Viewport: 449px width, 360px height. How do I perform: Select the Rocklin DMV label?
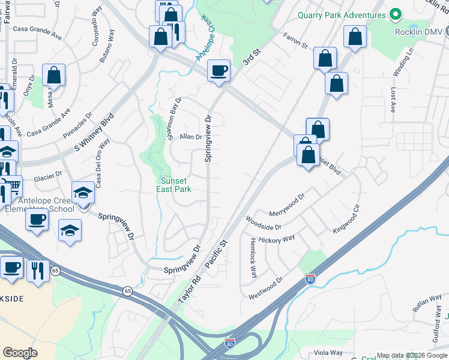(x=422, y=31)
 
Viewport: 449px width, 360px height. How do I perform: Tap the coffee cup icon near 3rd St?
(x=218, y=71)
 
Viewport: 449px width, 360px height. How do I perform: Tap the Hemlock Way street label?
(x=253, y=257)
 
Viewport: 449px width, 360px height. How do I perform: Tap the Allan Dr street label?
(x=191, y=137)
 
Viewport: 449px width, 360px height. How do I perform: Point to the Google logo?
(x=20, y=353)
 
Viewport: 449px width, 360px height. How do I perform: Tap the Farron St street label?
(x=295, y=40)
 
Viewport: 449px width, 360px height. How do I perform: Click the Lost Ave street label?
(x=393, y=100)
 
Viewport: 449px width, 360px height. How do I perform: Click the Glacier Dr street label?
(x=47, y=175)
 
